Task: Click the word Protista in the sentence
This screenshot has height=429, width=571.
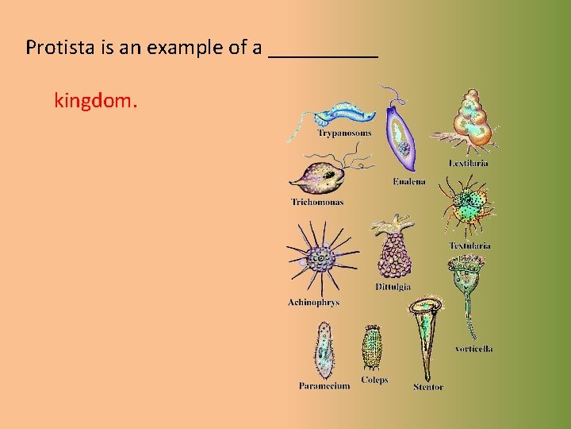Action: (x=55, y=48)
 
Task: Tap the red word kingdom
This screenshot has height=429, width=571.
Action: (x=95, y=101)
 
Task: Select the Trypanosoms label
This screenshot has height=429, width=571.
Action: (x=344, y=133)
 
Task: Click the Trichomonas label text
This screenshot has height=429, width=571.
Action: (x=318, y=203)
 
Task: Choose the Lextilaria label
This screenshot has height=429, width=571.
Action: (x=469, y=164)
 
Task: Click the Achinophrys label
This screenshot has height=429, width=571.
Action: (x=313, y=303)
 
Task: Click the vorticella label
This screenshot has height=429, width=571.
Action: (x=474, y=349)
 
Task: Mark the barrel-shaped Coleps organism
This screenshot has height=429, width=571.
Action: (x=373, y=348)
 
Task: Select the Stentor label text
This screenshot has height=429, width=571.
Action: (x=428, y=388)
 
